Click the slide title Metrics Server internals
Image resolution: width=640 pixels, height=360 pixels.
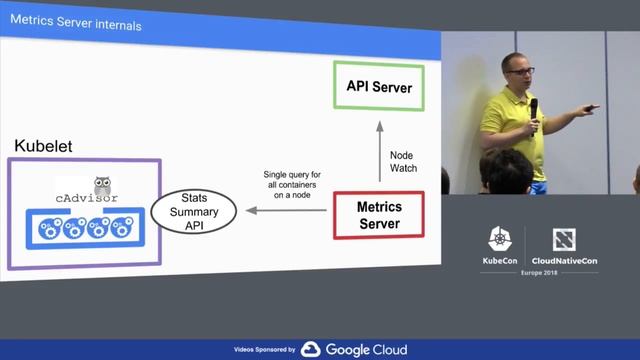coord(75,24)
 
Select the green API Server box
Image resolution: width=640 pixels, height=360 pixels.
coord(379,87)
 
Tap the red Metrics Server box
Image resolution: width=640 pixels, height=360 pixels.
coord(379,214)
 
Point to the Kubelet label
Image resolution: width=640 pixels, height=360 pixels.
coord(43,147)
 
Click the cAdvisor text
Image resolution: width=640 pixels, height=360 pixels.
coord(85,198)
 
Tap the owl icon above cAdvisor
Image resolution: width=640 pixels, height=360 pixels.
coord(102,185)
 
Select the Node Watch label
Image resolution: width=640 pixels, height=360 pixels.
coord(403,161)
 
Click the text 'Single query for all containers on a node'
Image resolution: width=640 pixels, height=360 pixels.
coord(291,184)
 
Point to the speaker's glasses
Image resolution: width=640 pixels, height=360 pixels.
coord(519,72)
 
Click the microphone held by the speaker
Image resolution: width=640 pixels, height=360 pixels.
coord(533,108)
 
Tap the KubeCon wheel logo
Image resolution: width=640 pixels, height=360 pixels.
coord(500,240)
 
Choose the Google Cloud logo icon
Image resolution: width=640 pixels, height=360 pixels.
coord(311,349)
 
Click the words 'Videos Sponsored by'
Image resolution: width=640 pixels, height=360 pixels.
coord(264,350)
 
